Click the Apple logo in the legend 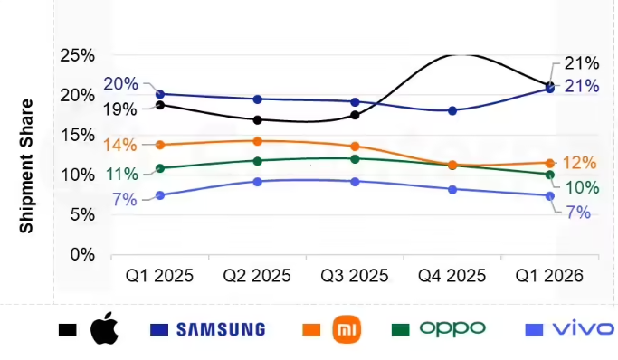(x=104, y=327)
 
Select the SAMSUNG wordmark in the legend (x=221, y=329)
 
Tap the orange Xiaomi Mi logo (x=347, y=329)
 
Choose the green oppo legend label (x=452, y=329)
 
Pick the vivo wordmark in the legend (x=584, y=328)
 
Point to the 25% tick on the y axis (x=78, y=55)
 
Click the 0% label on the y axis (x=82, y=255)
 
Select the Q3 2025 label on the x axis (x=355, y=276)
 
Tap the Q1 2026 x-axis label (x=549, y=276)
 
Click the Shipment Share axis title (x=26, y=166)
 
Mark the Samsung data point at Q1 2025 (x=160, y=94)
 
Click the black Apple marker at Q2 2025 (x=257, y=119)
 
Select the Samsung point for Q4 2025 (x=452, y=110)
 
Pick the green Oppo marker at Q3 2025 (x=355, y=159)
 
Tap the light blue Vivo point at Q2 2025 (x=257, y=182)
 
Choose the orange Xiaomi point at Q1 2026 (x=550, y=163)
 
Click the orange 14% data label (x=120, y=146)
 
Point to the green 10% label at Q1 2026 (x=583, y=187)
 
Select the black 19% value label (x=120, y=109)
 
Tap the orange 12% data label (x=579, y=163)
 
